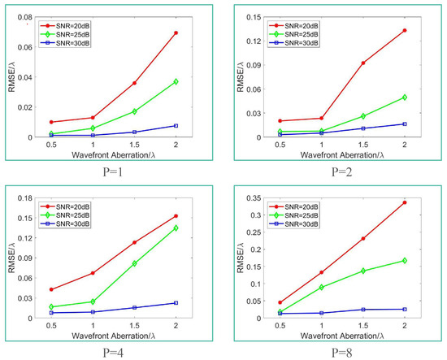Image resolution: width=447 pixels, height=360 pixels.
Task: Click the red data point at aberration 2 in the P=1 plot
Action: coord(198,33)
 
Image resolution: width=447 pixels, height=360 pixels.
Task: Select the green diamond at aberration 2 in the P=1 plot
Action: coord(198,82)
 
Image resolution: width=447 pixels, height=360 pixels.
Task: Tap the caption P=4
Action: coord(115,353)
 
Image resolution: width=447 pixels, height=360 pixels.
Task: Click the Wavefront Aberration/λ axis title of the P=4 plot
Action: coord(114,334)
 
